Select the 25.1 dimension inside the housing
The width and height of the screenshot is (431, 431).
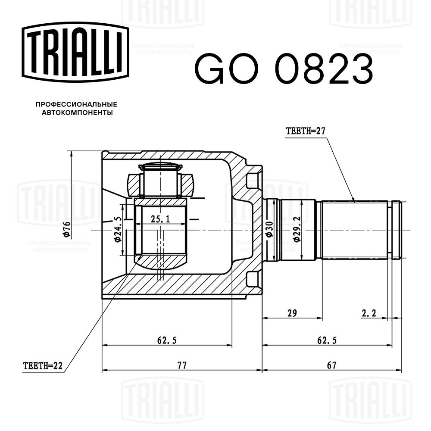click(160, 219)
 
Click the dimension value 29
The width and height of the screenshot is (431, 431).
click(292, 314)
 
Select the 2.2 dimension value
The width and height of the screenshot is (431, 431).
click(369, 314)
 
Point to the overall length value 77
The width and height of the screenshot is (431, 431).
click(181, 365)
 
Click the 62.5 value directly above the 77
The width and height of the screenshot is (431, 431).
click(167, 340)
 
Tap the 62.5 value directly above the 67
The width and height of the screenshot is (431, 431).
click(327, 340)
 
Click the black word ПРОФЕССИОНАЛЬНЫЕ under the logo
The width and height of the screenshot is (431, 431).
click(76, 104)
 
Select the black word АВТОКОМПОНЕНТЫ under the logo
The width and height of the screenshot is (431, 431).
click(76, 112)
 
